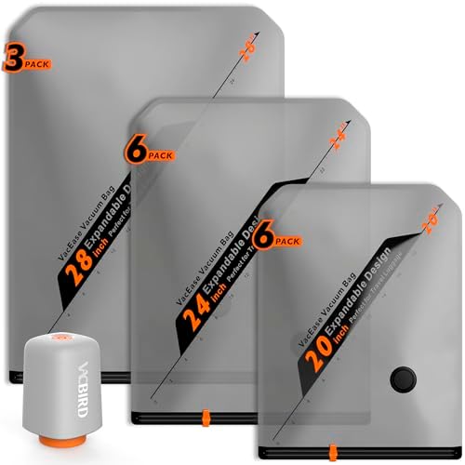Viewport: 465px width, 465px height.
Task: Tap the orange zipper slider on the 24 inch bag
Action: tap(203, 413)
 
